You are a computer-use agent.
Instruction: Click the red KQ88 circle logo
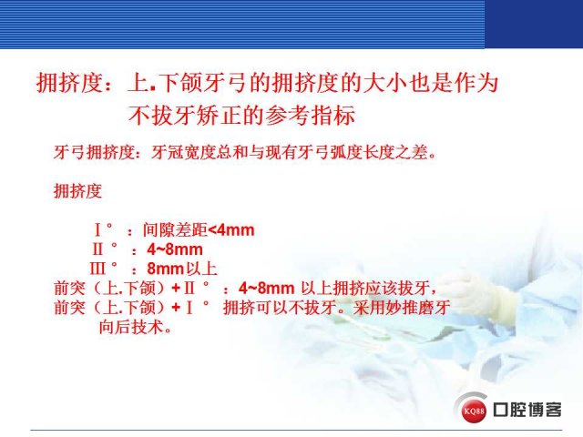[474, 411]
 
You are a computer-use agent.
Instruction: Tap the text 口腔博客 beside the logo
[527, 410]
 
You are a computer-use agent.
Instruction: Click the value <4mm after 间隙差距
[231, 230]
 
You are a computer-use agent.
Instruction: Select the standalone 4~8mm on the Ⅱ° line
[175, 249]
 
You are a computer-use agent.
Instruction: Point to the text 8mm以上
[182, 269]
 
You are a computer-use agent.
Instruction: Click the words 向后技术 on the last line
[131, 328]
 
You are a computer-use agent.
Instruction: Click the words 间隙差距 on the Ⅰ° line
[175, 230]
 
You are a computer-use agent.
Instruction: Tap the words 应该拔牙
[397, 288]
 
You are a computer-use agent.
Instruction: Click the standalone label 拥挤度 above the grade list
[77, 191]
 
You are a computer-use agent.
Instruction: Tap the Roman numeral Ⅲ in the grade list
[97, 269]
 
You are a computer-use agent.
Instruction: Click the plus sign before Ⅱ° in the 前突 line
[176, 288]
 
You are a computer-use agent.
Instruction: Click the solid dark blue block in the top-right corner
[534, 25]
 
